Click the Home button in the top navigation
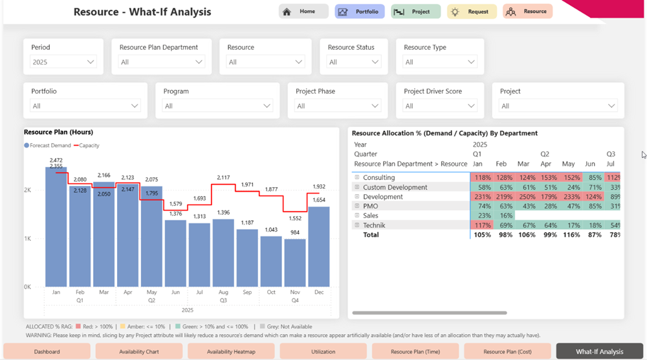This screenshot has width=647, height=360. [303, 12]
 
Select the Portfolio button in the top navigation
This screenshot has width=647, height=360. [360, 12]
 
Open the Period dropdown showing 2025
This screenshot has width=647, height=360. [63, 62]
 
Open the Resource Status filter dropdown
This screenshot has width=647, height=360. [353, 62]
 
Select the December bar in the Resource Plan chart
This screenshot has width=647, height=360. [318, 246]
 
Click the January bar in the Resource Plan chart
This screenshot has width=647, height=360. [56, 227]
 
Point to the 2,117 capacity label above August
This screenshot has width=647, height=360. [223, 177]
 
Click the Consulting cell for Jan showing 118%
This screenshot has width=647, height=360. [482, 177]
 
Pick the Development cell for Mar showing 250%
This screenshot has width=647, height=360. [527, 197]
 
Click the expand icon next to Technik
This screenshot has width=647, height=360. [356, 225]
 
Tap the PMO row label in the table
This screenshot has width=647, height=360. [370, 207]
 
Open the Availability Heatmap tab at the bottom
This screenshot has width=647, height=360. [231, 352]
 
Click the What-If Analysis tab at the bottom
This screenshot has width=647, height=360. [599, 352]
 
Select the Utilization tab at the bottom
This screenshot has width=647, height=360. [323, 352]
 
